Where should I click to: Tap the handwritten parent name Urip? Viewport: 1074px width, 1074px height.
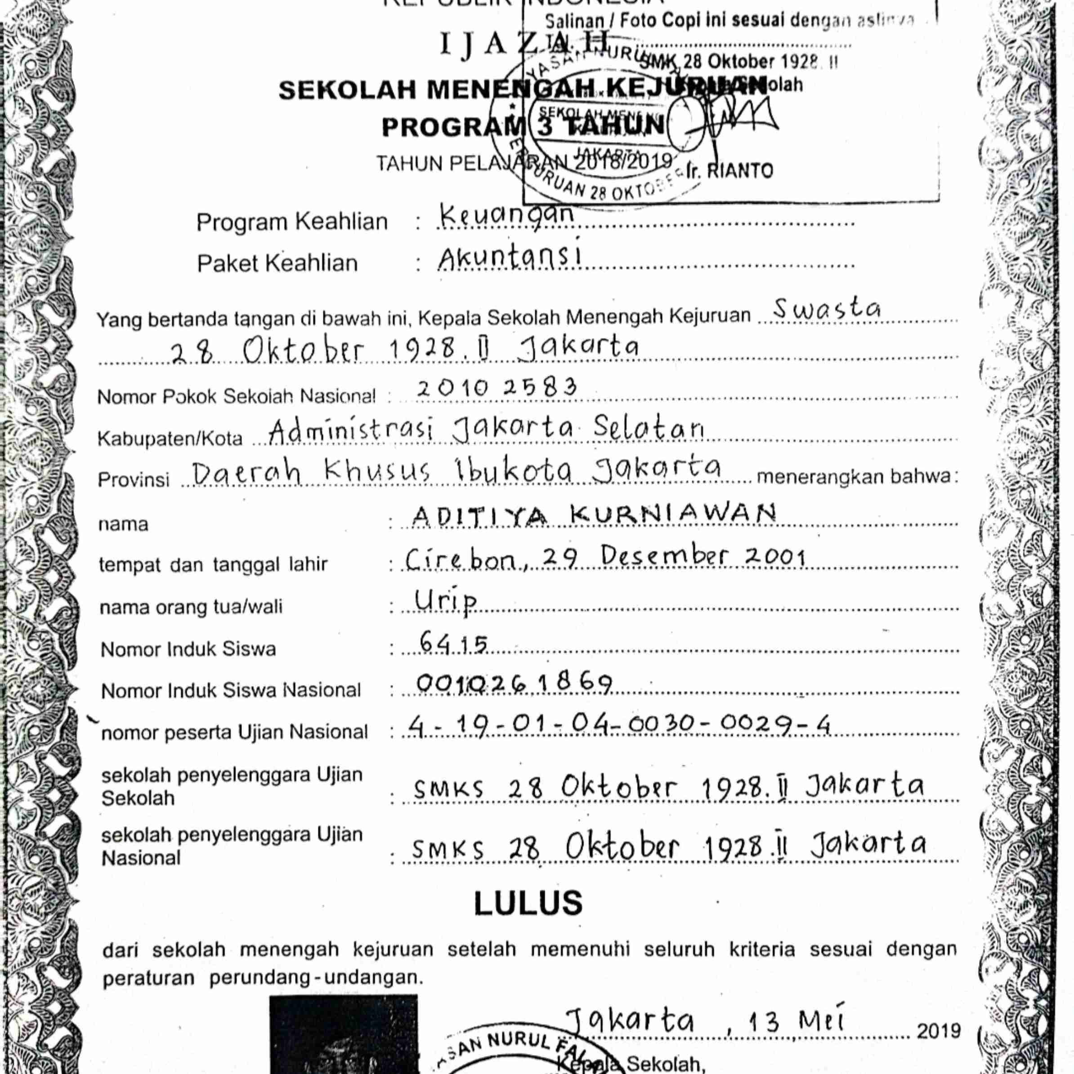tap(446, 601)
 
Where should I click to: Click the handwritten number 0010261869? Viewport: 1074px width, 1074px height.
tap(514, 684)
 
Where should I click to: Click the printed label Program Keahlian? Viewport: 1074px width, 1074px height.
tap(292, 222)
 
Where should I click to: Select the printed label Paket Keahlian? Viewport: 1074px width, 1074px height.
tap(277, 264)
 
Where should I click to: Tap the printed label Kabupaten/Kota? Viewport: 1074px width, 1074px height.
tap(170, 439)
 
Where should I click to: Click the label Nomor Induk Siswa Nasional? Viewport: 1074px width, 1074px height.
tap(231, 690)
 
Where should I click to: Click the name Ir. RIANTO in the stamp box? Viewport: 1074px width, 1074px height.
tap(730, 170)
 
